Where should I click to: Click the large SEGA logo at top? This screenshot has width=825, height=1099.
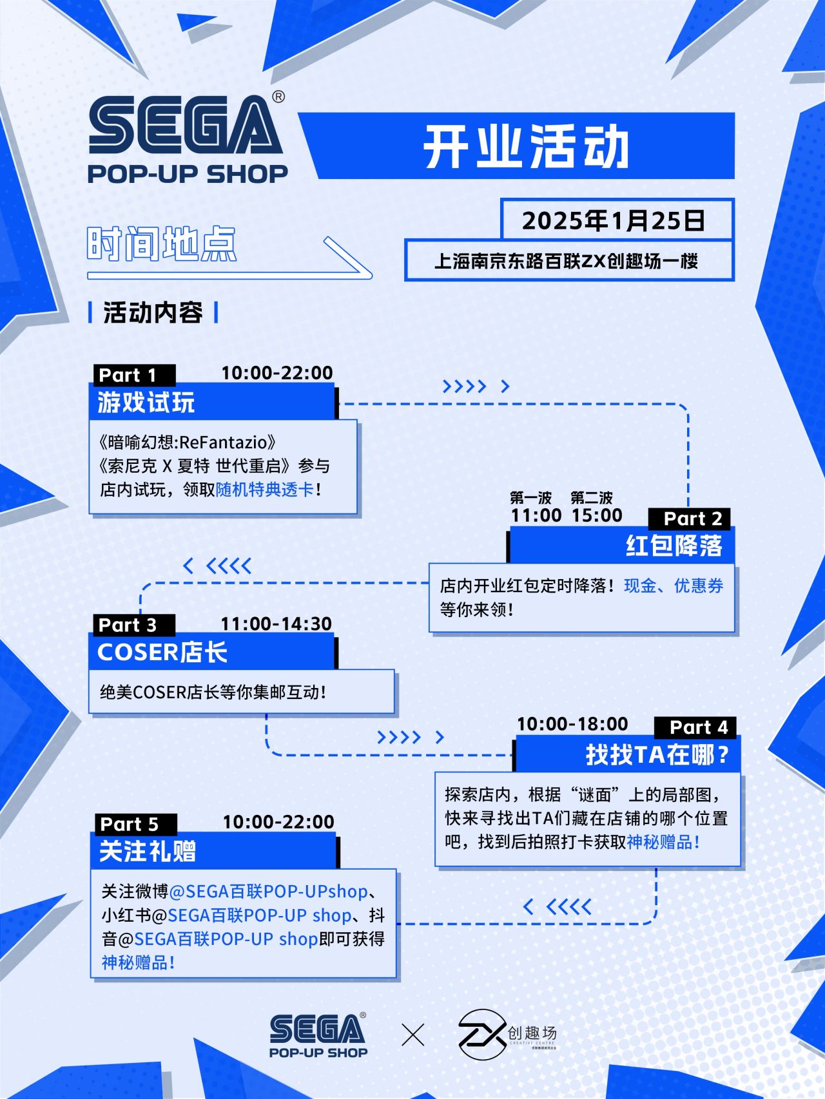coord(186,126)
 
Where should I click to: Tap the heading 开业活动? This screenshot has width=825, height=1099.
coord(525,147)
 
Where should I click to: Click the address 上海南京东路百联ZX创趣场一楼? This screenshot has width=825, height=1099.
coord(567,261)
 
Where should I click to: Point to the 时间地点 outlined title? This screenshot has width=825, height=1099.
coord(162,244)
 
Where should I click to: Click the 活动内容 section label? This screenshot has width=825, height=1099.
coord(153,313)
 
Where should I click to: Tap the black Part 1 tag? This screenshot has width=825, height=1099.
coord(128,375)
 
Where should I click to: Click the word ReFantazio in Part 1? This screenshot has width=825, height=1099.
coord(223,442)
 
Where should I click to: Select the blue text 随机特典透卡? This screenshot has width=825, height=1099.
coord(265,490)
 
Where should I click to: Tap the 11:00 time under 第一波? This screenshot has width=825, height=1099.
coord(536,515)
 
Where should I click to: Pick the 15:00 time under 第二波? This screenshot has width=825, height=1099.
coord(597,515)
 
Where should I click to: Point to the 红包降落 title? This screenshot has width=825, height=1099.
coord(674,546)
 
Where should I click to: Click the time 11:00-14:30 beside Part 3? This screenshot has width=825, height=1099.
coord(276,624)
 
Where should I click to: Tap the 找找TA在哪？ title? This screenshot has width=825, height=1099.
coord(657,754)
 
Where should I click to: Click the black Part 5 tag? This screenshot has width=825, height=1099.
coord(129,824)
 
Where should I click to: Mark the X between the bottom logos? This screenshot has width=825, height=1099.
coord(413,1035)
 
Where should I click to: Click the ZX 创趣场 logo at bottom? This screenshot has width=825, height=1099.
coord(507,1035)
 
